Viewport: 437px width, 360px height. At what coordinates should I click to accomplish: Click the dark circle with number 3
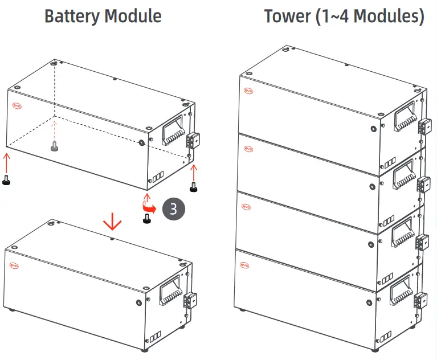(x=173, y=208)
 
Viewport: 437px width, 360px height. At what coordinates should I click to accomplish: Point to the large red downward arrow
(x=112, y=221)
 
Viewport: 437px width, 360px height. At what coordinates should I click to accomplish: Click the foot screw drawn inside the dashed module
(x=54, y=148)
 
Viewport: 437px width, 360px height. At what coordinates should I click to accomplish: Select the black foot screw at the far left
(x=6, y=181)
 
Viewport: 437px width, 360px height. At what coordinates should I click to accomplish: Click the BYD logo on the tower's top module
(x=248, y=90)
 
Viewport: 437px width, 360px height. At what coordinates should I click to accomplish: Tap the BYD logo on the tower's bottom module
(x=245, y=264)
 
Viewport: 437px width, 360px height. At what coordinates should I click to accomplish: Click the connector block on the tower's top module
(x=424, y=126)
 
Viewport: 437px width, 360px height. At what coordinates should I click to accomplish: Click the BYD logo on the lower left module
(x=14, y=265)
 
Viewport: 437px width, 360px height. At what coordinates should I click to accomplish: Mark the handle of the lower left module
(x=170, y=293)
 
